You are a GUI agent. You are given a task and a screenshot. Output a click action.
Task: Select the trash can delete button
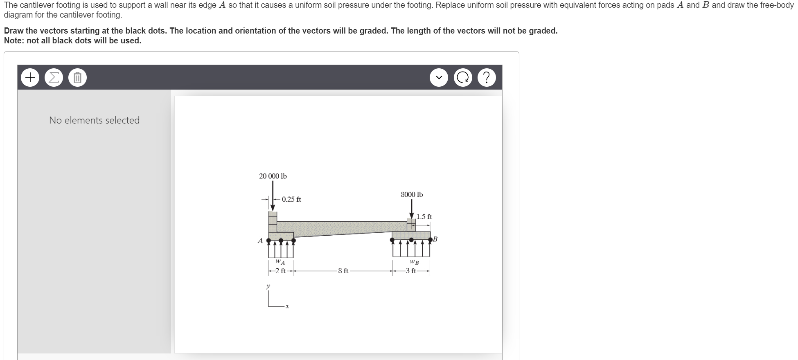click(x=77, y=78)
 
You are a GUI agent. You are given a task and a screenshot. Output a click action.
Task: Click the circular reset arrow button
click(x=463, y=78)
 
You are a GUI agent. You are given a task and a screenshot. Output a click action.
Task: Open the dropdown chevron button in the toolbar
click(x=439, y=78)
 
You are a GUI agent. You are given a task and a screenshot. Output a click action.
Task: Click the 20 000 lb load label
click(x=273, y=176)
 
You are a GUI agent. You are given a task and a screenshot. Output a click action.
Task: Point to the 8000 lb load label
click(x=412, y=195)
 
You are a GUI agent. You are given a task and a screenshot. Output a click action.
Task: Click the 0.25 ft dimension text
click(x=291, y=200)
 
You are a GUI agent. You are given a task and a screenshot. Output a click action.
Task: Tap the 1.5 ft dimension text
click(x=424, y=217)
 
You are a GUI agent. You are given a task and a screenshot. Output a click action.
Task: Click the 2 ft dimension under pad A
click(x=280, y=271)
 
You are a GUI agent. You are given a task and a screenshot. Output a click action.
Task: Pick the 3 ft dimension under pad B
click(x=411, y=271)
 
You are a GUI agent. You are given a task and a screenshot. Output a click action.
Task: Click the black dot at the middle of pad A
click(x=281, y=240)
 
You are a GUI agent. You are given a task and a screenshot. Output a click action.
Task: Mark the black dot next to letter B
click(x=430, y=239)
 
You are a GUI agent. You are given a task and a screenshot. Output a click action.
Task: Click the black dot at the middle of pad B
click(x=411, y=239)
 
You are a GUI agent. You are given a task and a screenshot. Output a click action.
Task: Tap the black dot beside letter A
click(x=269, y=240)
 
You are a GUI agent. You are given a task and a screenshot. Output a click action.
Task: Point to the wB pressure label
click(x=414, y=262)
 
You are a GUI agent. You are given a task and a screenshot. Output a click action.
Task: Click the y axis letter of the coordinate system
click(x=268, y=286)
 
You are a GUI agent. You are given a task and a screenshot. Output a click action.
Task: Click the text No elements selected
click(x=94, y=120)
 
